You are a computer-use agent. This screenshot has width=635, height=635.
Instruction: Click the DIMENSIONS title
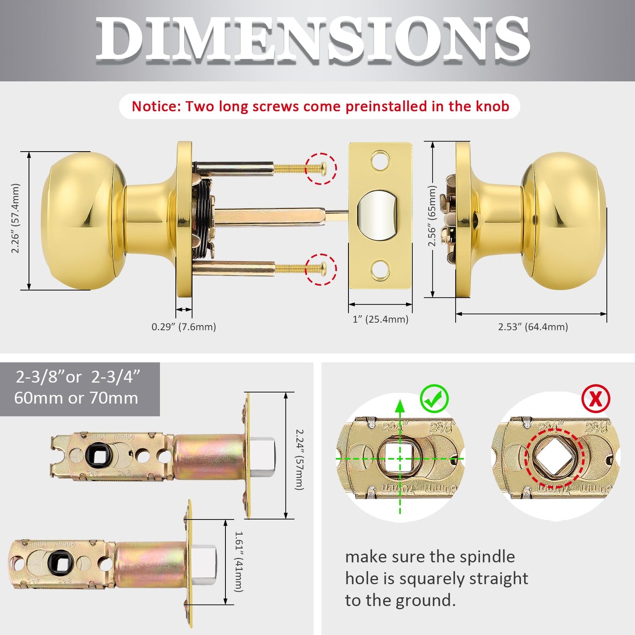click(313, 40)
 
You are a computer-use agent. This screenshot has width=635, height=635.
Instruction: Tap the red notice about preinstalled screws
click(320, 106)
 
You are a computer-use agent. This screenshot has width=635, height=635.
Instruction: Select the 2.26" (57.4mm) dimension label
click(15, 218)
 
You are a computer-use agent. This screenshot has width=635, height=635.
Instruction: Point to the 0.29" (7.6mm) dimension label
click(184, 327)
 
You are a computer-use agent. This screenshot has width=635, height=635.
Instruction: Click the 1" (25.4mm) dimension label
click(380, 319)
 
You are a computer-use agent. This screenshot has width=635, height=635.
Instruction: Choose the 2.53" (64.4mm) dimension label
click(533, 327)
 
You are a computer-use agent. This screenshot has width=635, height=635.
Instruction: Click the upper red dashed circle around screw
click(321, 168)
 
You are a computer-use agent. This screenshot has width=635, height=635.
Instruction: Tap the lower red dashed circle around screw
click(321, 269)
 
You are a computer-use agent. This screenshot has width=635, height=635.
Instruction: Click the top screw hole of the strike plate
click(380, 161)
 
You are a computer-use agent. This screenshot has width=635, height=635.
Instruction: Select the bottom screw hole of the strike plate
click(380, 270)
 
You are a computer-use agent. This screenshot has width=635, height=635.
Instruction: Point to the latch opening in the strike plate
click(376, 215)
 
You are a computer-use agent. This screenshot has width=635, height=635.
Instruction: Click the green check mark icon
click(434, 399)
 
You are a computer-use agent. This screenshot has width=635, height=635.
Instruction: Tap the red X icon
click(595, 399)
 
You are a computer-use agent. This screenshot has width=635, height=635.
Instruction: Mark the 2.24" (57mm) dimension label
click(299, 460)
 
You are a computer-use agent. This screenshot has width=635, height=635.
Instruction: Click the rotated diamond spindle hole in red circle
click(554, 459)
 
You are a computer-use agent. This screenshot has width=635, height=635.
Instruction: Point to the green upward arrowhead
click(400, 406)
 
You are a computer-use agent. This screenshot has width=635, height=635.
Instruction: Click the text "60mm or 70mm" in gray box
click(76, 398)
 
